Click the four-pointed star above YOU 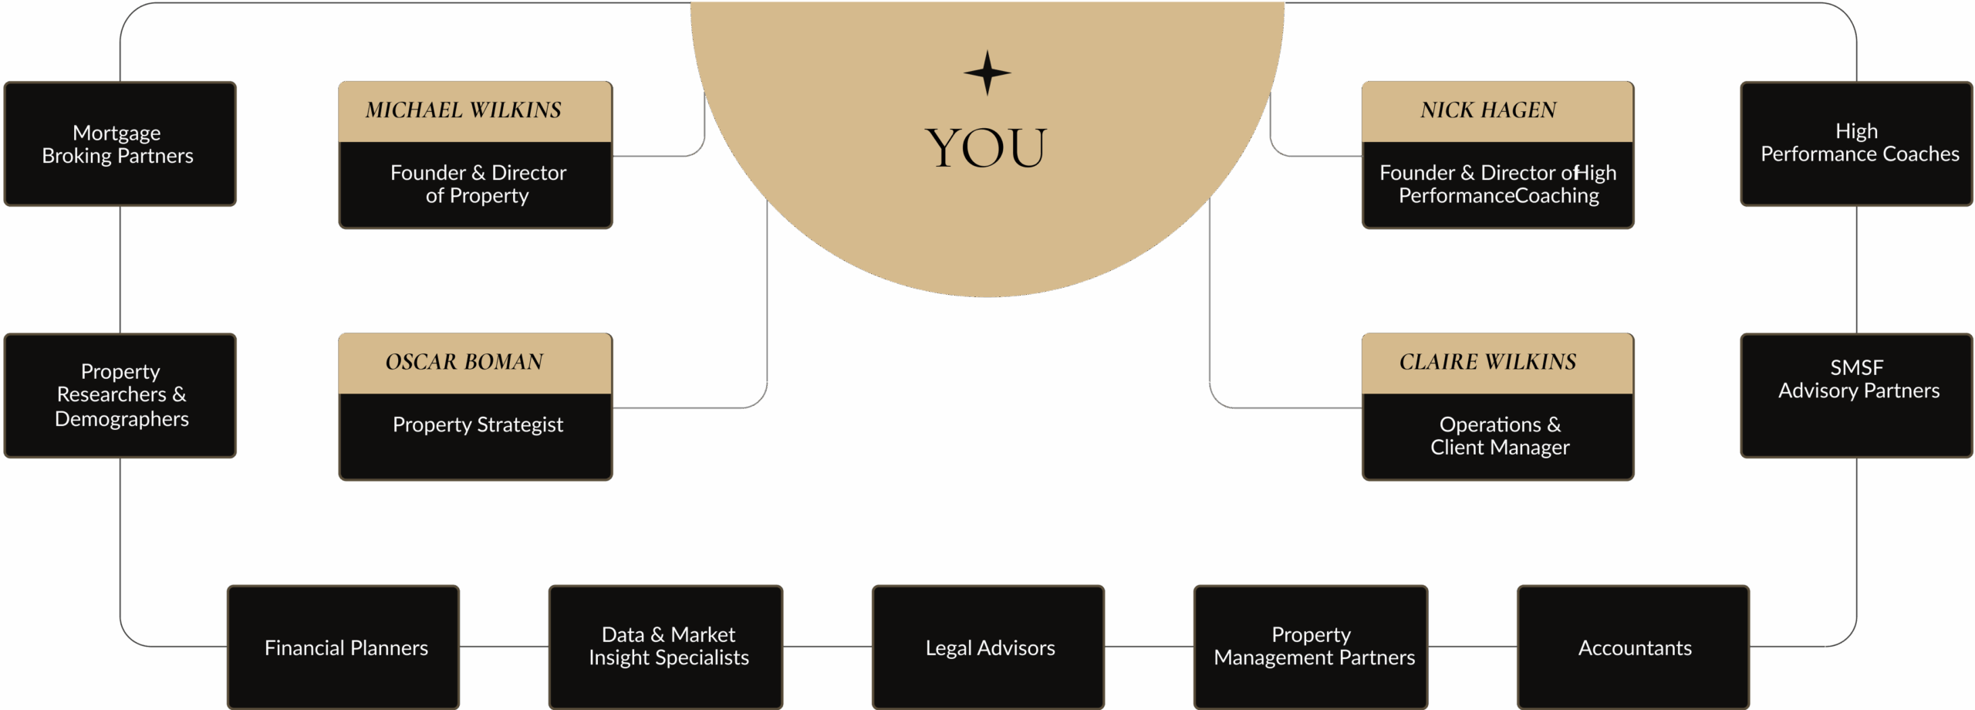pos(987,73)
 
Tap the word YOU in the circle pos(986,148)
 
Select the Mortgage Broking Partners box pos(120,144)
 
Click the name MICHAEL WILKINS pos(464,110)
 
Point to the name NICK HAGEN pos(1488,110)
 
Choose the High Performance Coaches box pos(1858,144)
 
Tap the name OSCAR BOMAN pos(464,362)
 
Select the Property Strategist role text pos(478,424)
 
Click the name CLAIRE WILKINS pos(1487,362)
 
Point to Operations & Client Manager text pos(1499,436)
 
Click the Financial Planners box pos(345,647)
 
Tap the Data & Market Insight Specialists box pos(667,646)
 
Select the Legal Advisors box pos(990,647)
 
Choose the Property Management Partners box pos(1313,646)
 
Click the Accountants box pos(1634,647)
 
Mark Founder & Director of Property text pos(478,184)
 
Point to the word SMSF pos(1856,368)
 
